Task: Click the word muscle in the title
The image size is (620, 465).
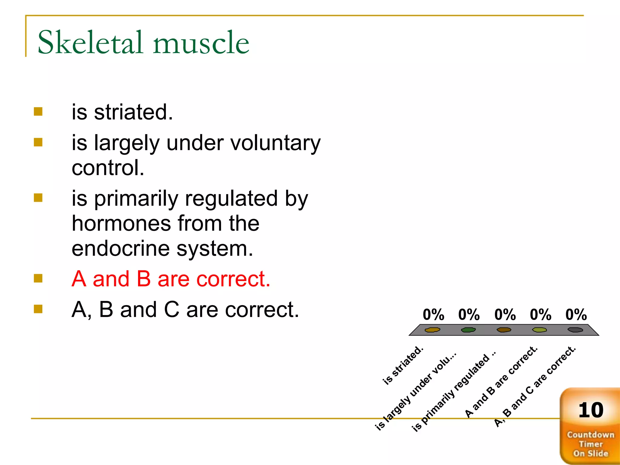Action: coord(201,43)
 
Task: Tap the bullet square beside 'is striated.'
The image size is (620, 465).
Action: coord(38,112)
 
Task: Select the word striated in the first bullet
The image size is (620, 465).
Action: coord(133,112)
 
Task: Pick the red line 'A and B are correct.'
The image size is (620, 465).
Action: coord(171,279)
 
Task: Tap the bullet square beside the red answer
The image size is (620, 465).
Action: coord(38,278)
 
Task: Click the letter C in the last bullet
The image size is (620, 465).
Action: coord(172,310)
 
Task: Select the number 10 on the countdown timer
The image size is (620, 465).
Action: coord(591,411)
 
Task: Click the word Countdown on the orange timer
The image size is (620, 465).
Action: coord(590,435)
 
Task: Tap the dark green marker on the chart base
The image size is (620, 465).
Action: coord(468,330)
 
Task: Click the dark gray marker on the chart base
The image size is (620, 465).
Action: coord(575,330)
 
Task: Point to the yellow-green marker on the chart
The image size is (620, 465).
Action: coord(539,330)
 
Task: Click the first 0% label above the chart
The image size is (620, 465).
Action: coord(433,315)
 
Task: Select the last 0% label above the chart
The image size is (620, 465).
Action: coord(576,315)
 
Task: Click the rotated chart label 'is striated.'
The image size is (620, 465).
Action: coord(403,365)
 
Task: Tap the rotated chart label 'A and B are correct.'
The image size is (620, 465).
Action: coord(501,382)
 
